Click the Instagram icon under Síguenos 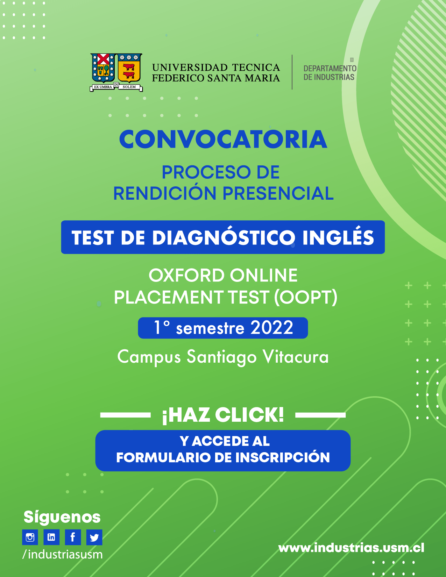tap(30, 537)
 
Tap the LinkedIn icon tap(51, 537)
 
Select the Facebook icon tap(73, 537)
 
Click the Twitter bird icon tap(94, 537)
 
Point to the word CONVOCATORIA tap(223, 140)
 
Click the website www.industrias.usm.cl tap(351, 548)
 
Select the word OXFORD tap(186, 275)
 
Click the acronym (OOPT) tap(306, 297)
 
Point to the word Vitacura tap(296, 357)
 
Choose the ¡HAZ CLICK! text tap(223, 415)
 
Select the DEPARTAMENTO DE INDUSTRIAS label tap(330, 72)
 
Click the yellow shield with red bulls tap(129, 68)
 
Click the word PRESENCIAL tap(278, 193)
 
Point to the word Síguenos tap(62, 517)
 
